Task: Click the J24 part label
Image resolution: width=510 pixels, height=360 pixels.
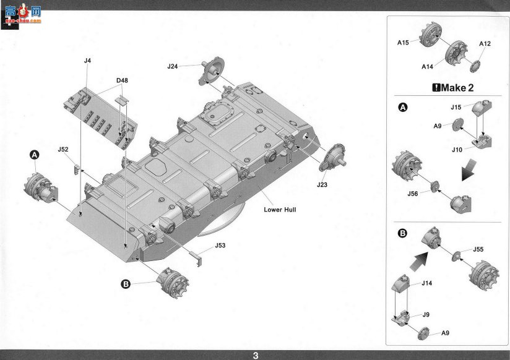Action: click(173, 66)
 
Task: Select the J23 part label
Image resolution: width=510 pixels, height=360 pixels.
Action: click(322, 185)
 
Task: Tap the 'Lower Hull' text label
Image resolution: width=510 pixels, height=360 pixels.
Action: click(280, 210)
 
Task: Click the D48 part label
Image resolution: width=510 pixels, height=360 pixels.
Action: click(122, 80)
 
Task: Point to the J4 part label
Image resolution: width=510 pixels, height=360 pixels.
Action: click(87, 61)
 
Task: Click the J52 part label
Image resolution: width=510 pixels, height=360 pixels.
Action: click(63, 149)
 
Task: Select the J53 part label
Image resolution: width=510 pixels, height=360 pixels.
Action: click(220, 245)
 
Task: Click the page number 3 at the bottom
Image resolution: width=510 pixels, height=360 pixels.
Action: click(256, 356)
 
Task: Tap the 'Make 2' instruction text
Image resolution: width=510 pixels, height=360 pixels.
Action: click(453, 87)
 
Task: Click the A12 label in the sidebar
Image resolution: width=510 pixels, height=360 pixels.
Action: click(485, 43)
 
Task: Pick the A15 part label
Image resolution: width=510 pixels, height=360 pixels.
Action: click(403, 43)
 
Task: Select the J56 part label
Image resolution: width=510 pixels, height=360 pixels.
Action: click(413, 194)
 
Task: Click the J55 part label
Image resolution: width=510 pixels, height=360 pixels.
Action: click(478, 249)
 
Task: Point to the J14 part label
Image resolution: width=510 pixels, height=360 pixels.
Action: click(426, 283)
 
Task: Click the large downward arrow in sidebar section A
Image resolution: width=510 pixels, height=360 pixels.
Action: click(469, 169)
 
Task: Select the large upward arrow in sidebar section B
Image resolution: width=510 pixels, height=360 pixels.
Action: click(419, 261)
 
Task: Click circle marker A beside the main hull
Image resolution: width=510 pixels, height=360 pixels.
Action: click(35, 155)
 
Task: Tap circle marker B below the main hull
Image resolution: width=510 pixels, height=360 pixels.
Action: click(126, 284)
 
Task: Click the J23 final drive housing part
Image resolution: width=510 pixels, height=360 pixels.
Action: click(332, 157)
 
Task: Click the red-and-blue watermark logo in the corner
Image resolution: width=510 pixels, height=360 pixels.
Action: click(22, 15)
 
